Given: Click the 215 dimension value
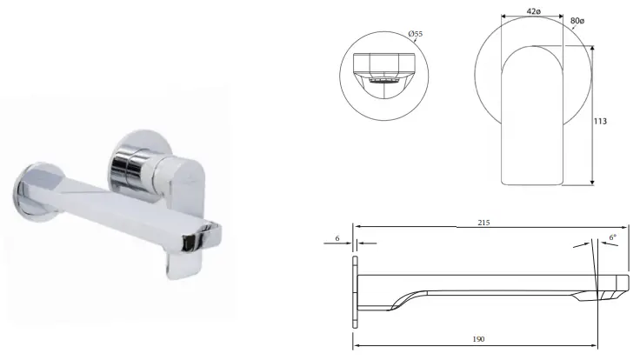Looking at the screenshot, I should [484, 223].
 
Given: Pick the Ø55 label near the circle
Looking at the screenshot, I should [415, 33].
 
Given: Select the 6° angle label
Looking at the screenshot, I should [612, 237].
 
